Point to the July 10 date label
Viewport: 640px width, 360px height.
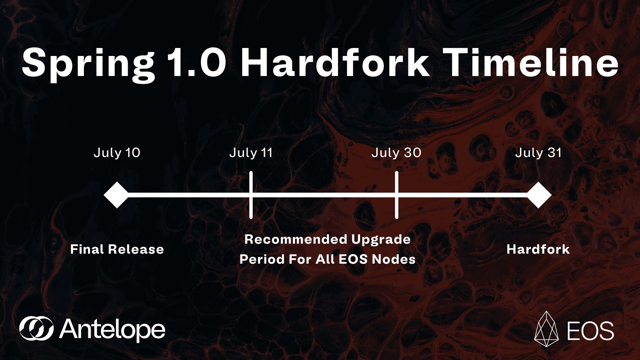pyautogui.click(x=117, y=153)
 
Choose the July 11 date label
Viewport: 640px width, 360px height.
pyautogui.click(x=251, y=153)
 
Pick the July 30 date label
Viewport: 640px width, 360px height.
pyautogui.click(x=397, y=153)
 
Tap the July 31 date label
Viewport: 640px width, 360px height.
pyautogui.click(x=538, y=153)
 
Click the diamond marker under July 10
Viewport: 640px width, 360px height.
pyautogui.click(x=116, y=195)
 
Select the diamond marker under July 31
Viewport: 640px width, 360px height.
pyautogui.click(x=539, y=195)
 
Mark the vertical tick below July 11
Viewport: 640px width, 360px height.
pyautogui.click(x=251, y=195)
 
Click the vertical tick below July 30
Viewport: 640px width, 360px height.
pyautogui.click(x=397, y=195)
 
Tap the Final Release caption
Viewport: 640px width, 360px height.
pyautogui.click(x=117, y=249)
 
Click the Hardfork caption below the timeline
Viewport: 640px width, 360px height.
pyautogui.click(x=538, y=249)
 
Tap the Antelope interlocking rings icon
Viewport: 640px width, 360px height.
pyautogui.click(x=36, y=329)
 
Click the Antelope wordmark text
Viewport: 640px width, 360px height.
pyautogui.click(x=112, y=329)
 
